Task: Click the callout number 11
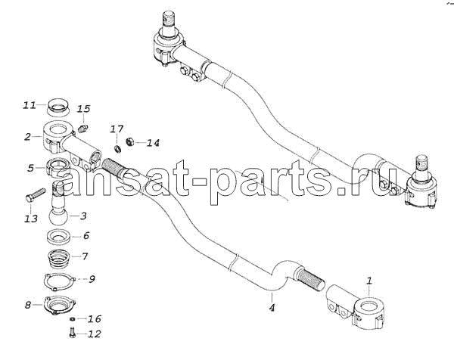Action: [x=30, y=105]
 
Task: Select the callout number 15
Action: [x=84, y=109]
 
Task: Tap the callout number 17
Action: [x=117, y=129]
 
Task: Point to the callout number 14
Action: [x=153, y=143]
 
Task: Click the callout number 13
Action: [x=31, y=219]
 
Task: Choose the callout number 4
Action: [x=272, y=308]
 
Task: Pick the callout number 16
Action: [x=95, y=319]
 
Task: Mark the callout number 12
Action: [x=95, y=334]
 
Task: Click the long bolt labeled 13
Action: [x=36, y=195]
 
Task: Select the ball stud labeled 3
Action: [x=58, y=203]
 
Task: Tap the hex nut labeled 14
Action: [x=129, y=141]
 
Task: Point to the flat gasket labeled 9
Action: [x=60, y=280]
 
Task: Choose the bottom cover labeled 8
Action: [x=61, y=306]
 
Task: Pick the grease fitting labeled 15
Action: [x=82, y=129]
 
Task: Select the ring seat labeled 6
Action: [x=59, y=236]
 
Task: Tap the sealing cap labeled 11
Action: [x=58, y=107]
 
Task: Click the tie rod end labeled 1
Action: [x=356, y=307]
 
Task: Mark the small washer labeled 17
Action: [x=117, y=149]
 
